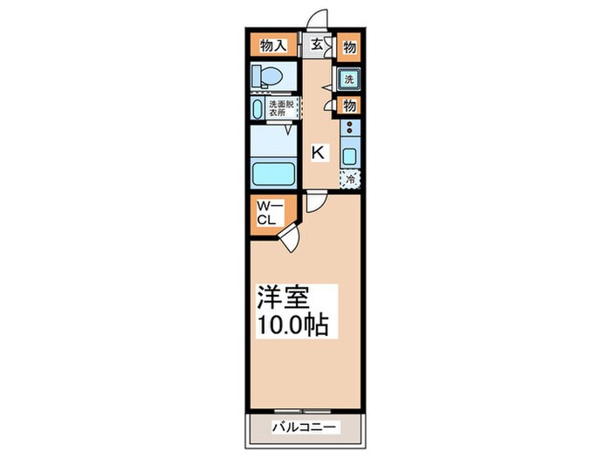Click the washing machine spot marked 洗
(349, 79)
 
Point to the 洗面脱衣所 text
(282, 108)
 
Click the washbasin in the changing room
(257, 110)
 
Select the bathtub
(273, 171)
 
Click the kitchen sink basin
(349, 157)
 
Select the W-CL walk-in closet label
(265, 213)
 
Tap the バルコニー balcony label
(305, 427)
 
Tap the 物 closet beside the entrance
(349, 44)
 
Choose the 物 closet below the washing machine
(349, 106)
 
